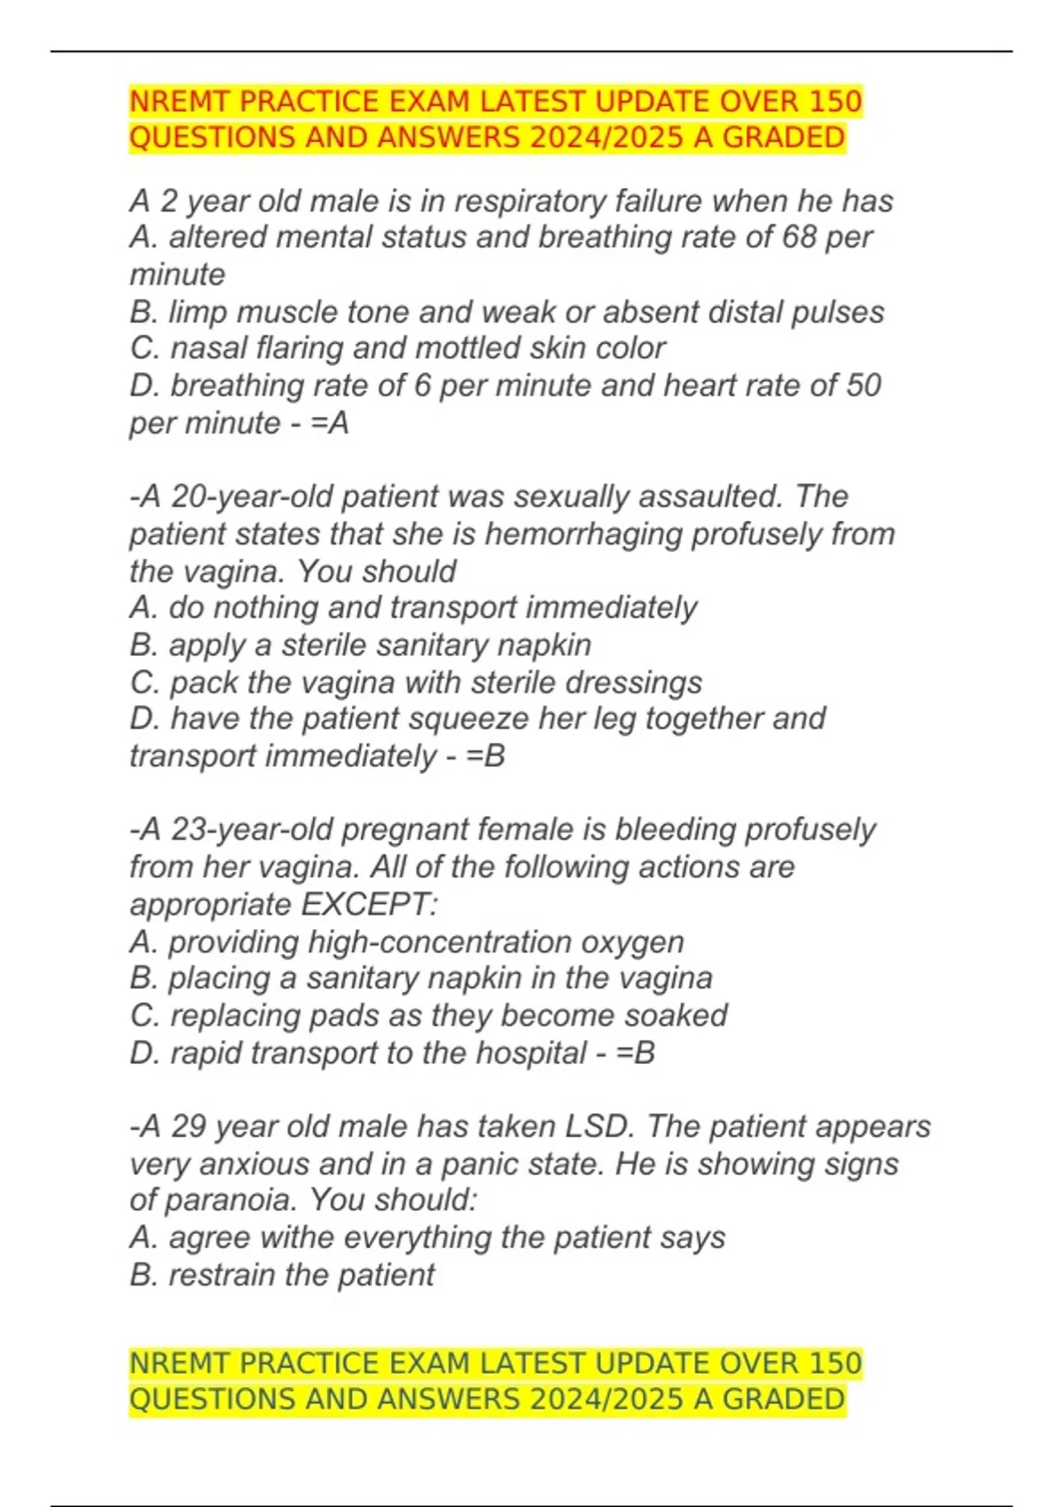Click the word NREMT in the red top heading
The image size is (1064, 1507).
(181, 102)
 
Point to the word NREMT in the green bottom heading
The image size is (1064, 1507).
(181, 1363)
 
